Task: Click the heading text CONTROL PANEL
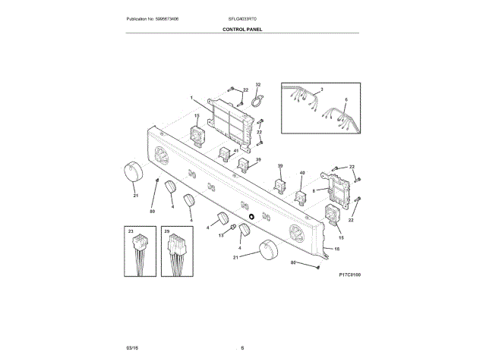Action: pyautogui.click(x=243, y=30)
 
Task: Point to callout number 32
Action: pyautogui.click(x=257, y=85)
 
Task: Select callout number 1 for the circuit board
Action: pyautogui.click(x=192, y=98)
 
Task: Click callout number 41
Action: pyautogui.click(x=236, y=151)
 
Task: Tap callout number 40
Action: pyautogui.click(x=301, y=173)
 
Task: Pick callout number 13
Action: pyautogui.click(x=222, y=236)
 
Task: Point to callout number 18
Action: pyautogui.click(x=337, y=249)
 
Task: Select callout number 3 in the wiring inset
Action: pyautogui.click(x=321, y=90)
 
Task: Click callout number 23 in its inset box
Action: pyautogui.click(x=131, y=230)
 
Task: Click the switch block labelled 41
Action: pyautogui.click(x=226, y=155)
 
